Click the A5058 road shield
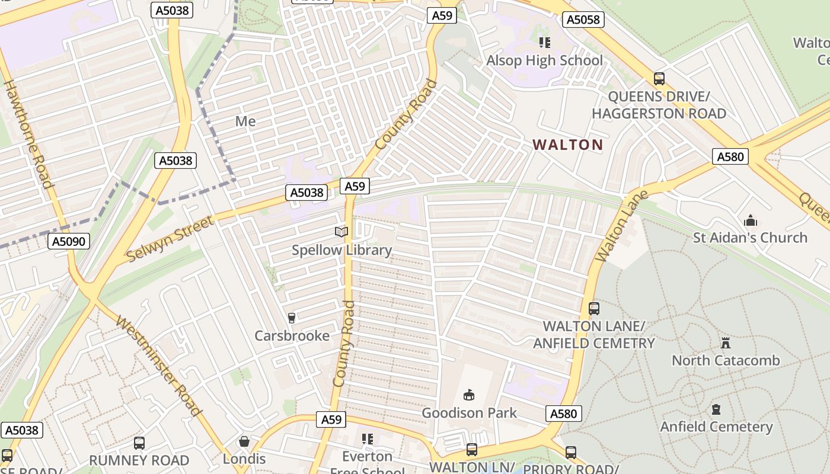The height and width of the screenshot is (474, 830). click(583, 20)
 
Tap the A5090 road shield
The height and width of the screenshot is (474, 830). click(69, 241)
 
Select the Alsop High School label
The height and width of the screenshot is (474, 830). click(544, 60)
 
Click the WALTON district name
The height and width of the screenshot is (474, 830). click(567, 145)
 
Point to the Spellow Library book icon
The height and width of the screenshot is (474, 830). click(341, 232)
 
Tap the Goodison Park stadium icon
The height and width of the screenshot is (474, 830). click(469, 395)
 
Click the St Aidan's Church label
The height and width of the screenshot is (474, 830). click(750, 238)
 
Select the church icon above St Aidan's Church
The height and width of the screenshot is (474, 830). click(751, 221)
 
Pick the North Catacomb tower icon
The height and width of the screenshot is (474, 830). click(725, 343)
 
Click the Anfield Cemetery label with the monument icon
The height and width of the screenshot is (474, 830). click(716, 427)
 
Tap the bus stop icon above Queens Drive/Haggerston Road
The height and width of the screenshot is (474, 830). click(659, 79)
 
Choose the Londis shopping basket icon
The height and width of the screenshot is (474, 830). click(244, 442)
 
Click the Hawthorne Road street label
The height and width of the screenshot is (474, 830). click(29, 133)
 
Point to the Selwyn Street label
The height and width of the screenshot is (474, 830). click(170, 239)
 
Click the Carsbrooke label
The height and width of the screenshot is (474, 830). click(292, 336)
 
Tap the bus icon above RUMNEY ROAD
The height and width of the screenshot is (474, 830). click(139, 443)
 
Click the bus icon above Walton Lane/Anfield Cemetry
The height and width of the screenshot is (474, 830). click(594, 309)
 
